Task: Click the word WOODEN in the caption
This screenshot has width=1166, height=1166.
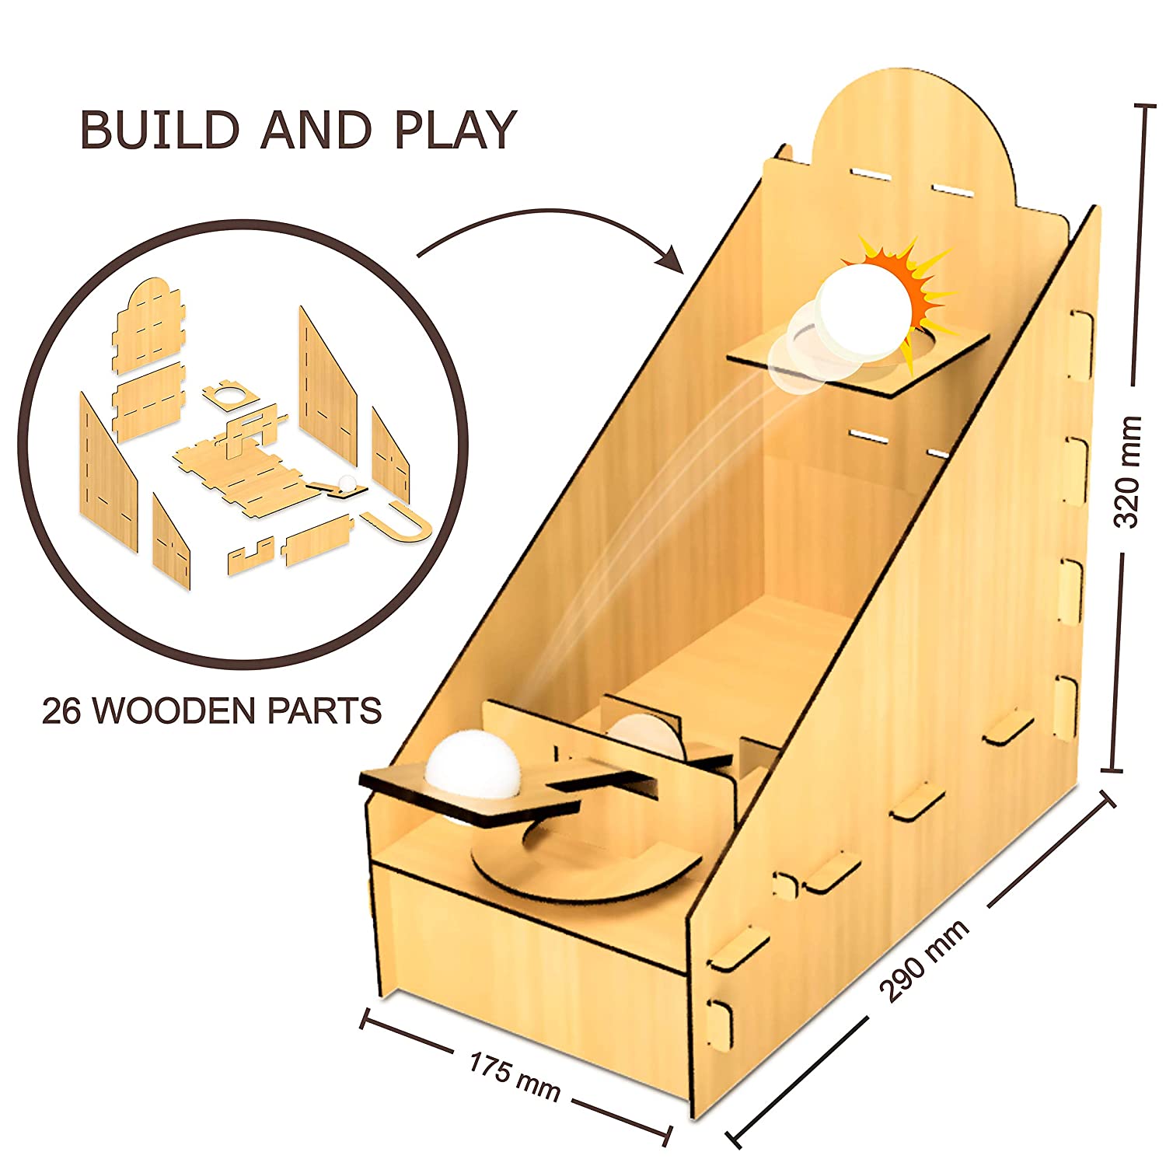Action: click(182, 711)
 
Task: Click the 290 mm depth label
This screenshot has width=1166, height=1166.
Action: click(924, 961)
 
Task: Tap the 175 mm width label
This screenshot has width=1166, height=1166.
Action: click(514, 1077)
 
